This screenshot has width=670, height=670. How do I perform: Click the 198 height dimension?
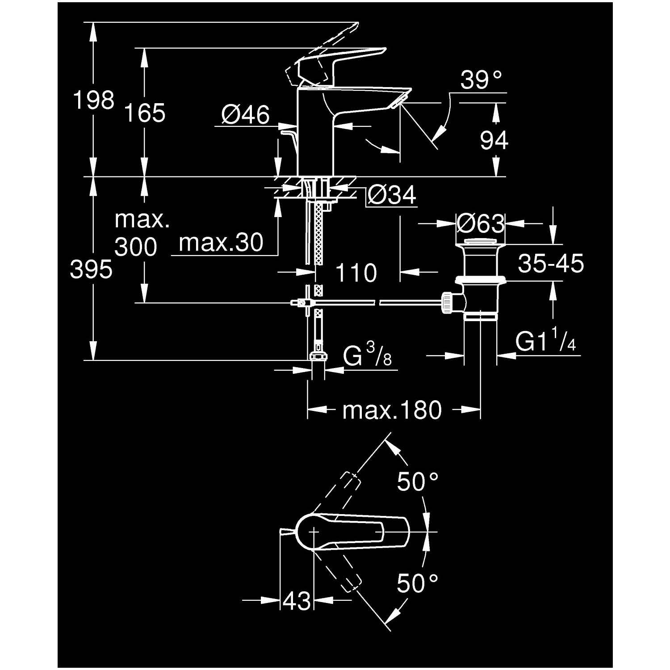tap(94, 100)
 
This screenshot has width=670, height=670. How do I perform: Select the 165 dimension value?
tap(144, 113)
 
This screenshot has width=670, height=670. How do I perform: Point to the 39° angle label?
tap(481, 80)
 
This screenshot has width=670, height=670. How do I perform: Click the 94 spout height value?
tap(494, 141)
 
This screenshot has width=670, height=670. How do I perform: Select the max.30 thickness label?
tap(221, 243)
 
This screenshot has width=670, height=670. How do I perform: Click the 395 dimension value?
tap(91, 270)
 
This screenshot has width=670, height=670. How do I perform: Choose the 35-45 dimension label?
tap(551, 264)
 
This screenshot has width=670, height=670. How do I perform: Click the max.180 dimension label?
tap(392, 410)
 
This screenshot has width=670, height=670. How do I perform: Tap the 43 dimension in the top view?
tap(297, 601)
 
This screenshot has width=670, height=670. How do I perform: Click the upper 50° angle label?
tap(418, 482)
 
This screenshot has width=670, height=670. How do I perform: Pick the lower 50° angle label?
tap(418, 583)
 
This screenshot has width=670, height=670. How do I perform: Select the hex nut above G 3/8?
tap(318, 356)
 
